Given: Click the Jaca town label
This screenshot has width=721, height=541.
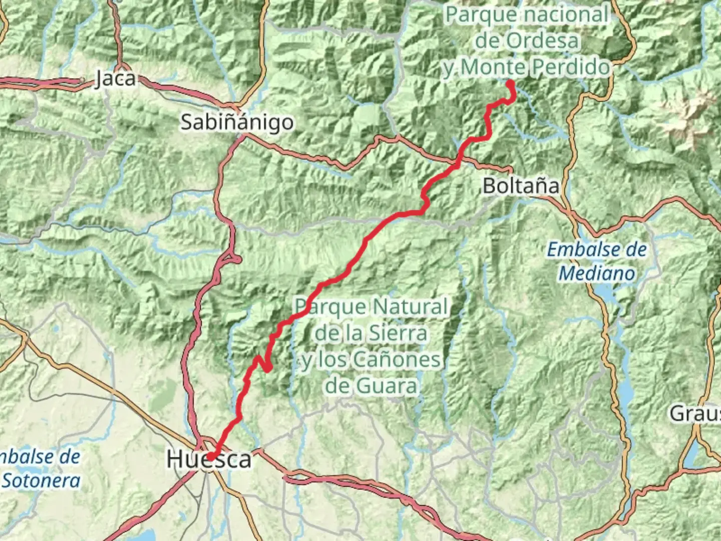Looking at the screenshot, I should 115,79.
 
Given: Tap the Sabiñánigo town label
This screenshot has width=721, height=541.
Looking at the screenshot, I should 237,122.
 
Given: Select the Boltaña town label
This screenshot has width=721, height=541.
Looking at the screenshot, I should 521,186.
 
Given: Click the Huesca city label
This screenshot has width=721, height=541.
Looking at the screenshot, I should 209,459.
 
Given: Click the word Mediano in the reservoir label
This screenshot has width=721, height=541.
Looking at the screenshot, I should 596,274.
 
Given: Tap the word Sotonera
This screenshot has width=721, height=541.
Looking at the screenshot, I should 41,481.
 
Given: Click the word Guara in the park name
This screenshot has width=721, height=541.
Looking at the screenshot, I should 386,386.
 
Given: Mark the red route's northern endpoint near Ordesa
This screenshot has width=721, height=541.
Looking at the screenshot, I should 510,84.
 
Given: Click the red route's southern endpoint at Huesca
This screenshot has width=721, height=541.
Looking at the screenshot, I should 211,456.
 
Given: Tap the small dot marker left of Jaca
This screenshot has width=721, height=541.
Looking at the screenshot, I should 82,80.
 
